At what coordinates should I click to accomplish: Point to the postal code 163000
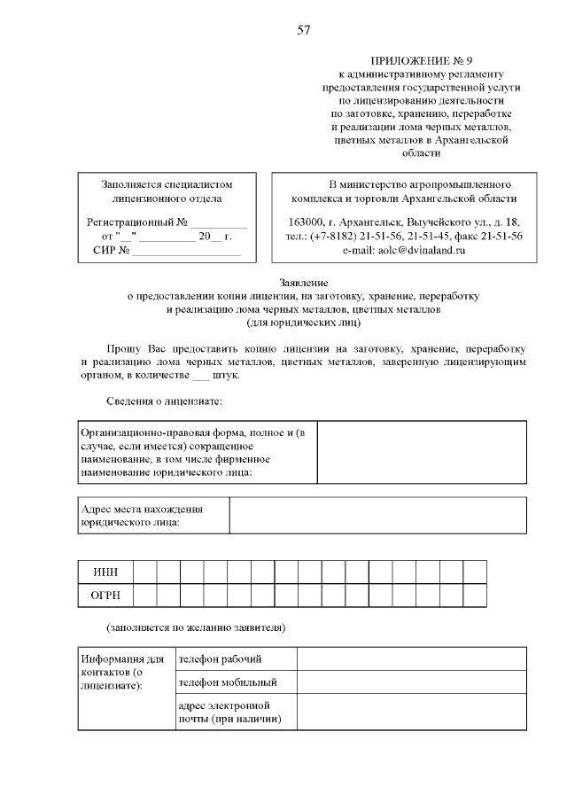point(307,222)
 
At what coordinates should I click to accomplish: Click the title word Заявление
point(304,281)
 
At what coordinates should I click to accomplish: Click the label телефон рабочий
point(220,659)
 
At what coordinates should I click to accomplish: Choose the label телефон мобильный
point(228,682)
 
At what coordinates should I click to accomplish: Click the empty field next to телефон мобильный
point(411,682)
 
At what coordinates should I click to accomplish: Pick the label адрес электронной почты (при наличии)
point(229,712)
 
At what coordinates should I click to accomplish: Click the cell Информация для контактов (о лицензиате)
point(124,672)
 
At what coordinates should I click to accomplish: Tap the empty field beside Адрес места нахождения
point(377,515)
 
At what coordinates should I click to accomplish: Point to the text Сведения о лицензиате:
point(164,402)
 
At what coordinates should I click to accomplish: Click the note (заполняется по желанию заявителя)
point(196,627)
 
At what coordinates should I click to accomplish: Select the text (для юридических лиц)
point(304,323)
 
